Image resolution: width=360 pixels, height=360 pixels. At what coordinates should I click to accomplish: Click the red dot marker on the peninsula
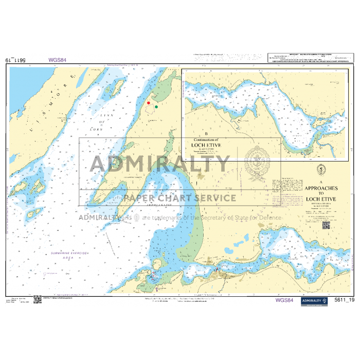pyautogui.click(x=149, y=103)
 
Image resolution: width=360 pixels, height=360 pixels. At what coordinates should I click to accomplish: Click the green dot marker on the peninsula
pyautogui.click(x=156, y=107)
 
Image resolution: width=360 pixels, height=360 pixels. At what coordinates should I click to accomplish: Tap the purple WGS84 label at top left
pyautogui.click(x=57, y=60)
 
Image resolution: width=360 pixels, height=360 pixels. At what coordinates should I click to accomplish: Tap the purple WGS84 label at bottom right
pyautogui.click(x=284, y=300)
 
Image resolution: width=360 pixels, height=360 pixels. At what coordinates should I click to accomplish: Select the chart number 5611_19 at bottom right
pyautogui.click(x=344, y=300)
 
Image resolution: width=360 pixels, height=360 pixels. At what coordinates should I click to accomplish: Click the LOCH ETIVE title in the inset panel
pyautogui.click(x=206, y=146)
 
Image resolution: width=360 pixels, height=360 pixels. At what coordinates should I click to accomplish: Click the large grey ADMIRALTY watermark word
pyautogui.click(x=159, y=164)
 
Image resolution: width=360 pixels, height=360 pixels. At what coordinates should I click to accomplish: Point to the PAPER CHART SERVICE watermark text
pyautogui.click(x=179, y=198)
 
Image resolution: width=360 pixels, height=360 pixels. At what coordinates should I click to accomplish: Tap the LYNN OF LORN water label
pyautogui.click(x=108, y=122)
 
